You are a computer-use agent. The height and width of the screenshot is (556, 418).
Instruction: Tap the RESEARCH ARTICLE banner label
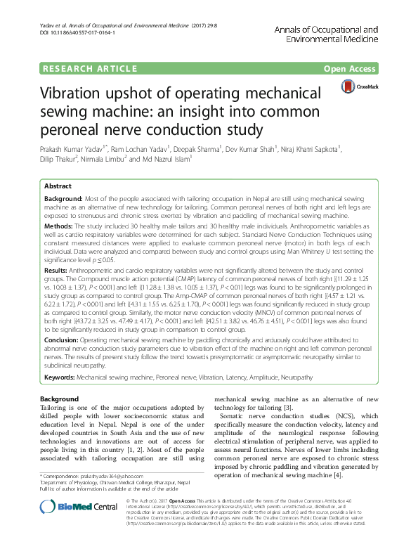89,68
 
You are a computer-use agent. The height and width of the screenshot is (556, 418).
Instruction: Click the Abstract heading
58,186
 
